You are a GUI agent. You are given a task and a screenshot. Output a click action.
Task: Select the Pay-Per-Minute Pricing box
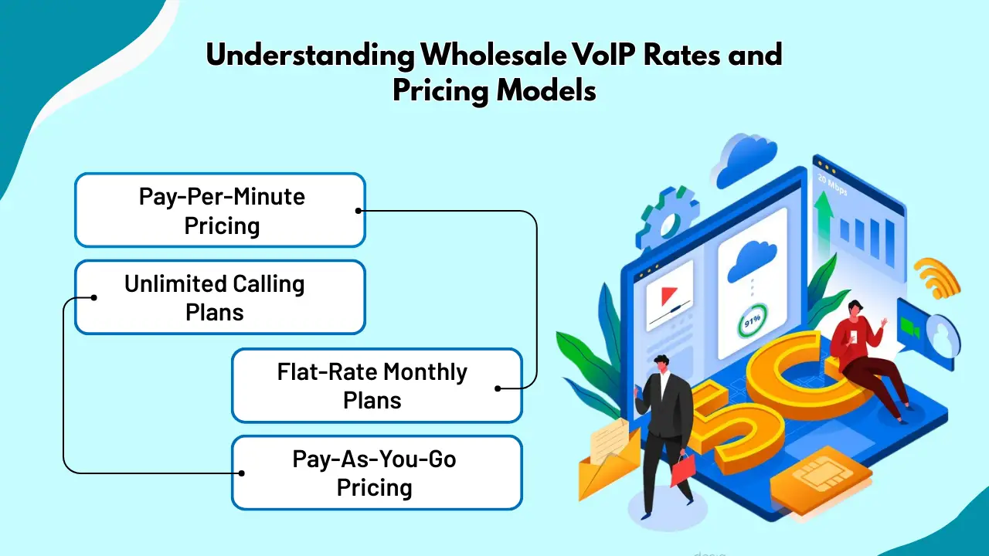(220, 210)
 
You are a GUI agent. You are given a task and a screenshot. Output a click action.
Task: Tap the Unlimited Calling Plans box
(220, 297)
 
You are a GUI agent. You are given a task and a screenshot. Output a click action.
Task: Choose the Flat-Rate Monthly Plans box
(377, 385)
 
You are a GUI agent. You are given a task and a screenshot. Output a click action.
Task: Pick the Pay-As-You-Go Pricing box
(377, 473)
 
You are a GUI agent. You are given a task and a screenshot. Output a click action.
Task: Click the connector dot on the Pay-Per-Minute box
(359, 211)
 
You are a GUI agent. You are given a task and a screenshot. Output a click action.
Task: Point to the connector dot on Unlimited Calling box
(93, 298)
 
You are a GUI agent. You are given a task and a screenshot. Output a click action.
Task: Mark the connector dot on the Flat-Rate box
(498, 388)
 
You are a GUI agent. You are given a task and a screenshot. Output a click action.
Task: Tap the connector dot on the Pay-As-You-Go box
(242, 473)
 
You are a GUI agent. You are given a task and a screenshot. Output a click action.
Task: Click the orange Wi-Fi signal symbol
(938, 278)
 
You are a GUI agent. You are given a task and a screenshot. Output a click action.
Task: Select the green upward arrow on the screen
(824, 220)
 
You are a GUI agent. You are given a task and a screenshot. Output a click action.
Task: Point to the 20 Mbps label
(832, 185)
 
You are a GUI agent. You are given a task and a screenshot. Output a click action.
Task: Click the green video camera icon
(909, 329)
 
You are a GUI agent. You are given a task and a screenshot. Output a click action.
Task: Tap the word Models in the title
(546, 91)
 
